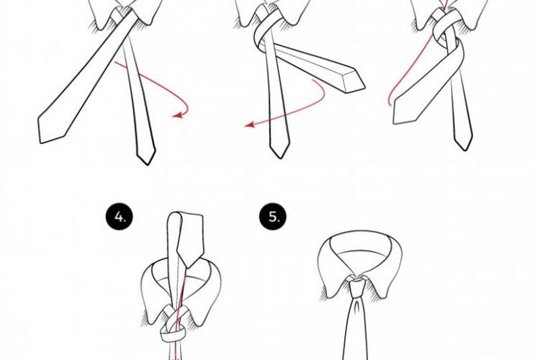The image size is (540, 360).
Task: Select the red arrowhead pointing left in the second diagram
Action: pos(249,125)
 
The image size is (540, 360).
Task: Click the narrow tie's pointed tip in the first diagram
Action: pos(146,158)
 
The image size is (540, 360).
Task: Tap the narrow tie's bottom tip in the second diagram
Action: pos(280,153)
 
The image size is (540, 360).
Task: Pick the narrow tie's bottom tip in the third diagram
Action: pos(464,145)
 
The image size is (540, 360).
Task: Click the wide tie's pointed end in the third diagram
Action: pos(398,115)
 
